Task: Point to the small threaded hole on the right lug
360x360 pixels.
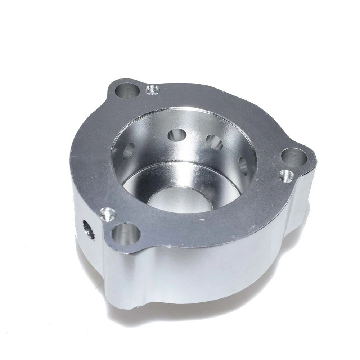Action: coord(285,176)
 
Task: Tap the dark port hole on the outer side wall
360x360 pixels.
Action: coord(89,230)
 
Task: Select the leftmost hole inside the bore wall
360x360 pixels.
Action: coord(128,150)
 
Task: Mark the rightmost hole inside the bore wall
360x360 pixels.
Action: coord(243,164)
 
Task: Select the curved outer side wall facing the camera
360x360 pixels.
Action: coord(202,274)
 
